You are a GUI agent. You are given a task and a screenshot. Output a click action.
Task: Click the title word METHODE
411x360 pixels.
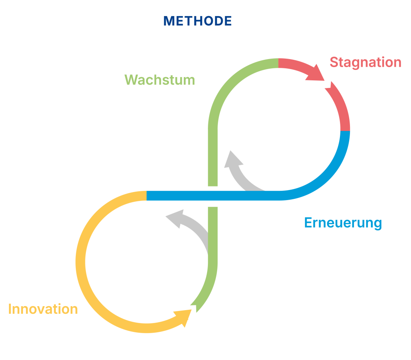pyautogui.click(x=197, y=21)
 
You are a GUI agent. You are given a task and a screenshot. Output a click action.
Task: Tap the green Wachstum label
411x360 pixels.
pyautogui.click(x=160, y=80)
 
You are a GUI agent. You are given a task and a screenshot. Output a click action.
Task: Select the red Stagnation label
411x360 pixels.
pyautogui.click(x=365, y=62)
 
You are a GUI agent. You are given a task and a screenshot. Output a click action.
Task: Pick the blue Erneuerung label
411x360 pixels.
pyautogui.click(x=343, y=222)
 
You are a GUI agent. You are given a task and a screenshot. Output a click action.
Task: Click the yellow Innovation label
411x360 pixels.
pyautogui.click(x=43, y=309)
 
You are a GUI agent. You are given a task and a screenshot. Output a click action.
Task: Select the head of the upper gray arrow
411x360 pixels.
pyautogui.click(x=233, y=160)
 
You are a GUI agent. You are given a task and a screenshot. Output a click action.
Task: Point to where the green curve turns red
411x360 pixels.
pyautogui.click(x=278, y=63)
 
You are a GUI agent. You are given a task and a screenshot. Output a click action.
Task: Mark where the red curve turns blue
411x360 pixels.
pyautogui.click(x=345, y=131)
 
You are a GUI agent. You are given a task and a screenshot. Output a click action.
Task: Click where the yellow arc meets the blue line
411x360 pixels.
pyautogui.click(x=147, y=196)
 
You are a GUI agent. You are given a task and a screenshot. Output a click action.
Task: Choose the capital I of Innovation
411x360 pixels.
pyautogui.click(x=10, y=309)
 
